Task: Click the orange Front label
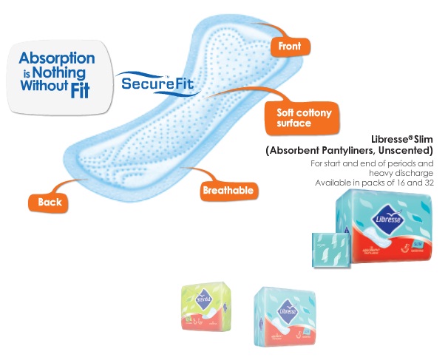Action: pos(289,47)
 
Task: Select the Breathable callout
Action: pos(228,191)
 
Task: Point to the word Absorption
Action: pos(57,58)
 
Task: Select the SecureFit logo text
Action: pos(158,83)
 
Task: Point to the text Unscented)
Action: pos(405,151)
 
